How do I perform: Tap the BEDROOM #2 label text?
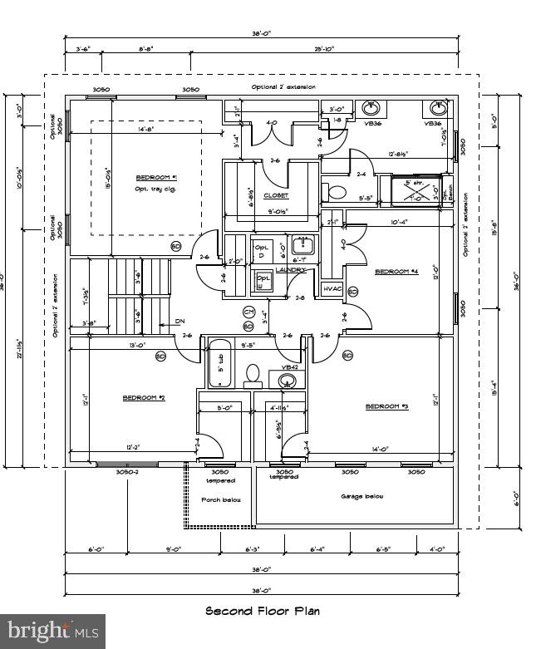(144, 398)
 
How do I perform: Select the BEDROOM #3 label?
(387, 406)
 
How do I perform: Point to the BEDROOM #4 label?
(396, 272)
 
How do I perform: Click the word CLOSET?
(276, 195)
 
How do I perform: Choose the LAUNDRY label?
(291, 270)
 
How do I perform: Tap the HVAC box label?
(332, 288)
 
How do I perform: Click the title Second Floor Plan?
(262, 610)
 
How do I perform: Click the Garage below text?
(361, 496)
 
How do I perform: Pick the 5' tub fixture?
(219, 363)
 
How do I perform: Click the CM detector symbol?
(248, 312)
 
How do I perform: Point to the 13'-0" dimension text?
(114, 345)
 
